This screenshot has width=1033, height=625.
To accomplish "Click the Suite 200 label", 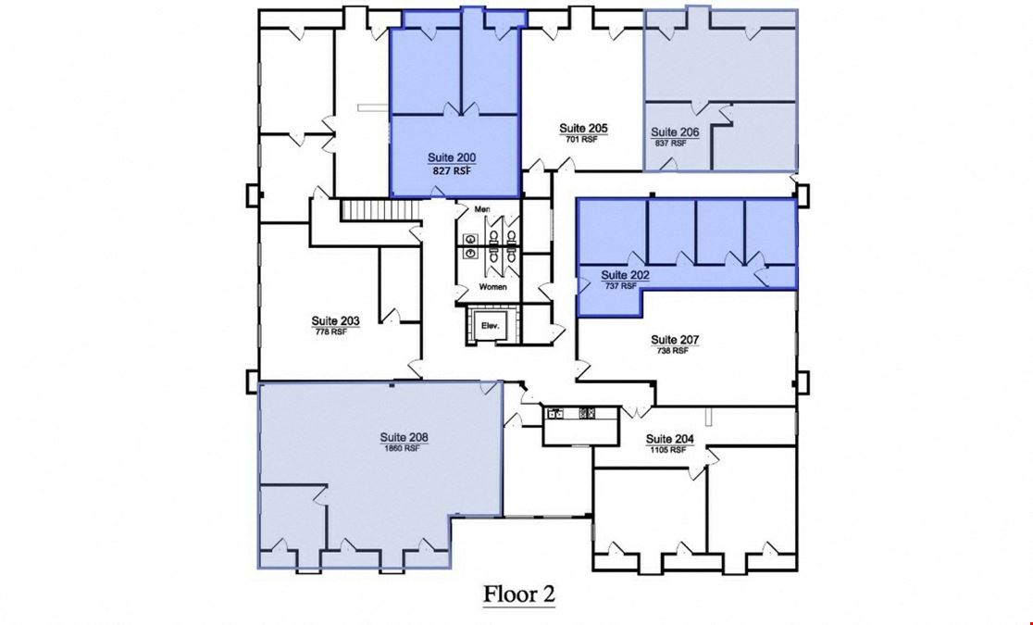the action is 452,157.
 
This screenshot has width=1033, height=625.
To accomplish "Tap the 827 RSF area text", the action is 452,170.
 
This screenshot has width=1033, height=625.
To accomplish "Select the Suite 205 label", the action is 583,128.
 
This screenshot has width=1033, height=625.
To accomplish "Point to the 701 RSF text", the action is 581,139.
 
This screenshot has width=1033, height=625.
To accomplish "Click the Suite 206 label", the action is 675,131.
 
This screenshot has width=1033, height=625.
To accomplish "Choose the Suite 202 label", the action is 625,275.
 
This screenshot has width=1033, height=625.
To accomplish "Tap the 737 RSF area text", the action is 620,286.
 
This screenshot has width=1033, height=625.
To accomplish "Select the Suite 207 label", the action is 675,340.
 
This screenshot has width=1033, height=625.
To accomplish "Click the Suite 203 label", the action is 335,321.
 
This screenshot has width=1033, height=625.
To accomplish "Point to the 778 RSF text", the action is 330,331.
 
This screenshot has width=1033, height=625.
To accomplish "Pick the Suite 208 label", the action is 404,437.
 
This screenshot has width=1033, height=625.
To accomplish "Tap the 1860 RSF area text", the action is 402,448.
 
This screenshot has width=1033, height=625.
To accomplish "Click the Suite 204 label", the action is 669,438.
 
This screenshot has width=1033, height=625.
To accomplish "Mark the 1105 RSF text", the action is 668,450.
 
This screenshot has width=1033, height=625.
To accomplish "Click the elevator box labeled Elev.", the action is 491,325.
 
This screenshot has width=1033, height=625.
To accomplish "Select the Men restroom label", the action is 482,209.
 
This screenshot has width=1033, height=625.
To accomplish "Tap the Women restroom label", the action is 492,287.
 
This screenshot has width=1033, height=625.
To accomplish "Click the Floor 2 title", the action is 519,594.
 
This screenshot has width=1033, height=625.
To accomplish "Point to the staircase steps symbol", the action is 380,210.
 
